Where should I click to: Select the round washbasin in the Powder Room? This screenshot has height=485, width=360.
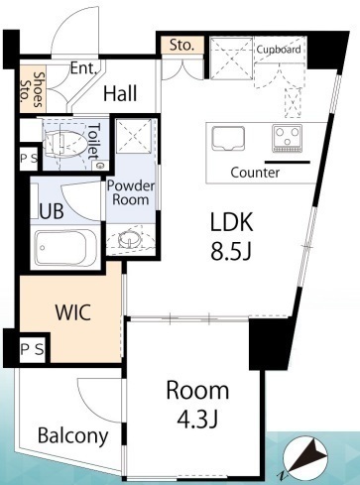(129, 239)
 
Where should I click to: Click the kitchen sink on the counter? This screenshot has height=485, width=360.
(228, 137)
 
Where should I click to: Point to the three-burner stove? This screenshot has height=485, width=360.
(288, 138)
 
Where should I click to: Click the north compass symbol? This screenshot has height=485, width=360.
(304, 458)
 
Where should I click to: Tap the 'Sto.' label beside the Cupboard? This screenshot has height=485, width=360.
(181, 45)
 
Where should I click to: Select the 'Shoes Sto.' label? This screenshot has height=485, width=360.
(33, 89)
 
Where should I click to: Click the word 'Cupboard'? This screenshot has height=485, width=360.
(279, 50)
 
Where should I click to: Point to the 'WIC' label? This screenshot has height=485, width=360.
(73, 311)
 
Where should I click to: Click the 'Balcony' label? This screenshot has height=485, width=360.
(73, 435)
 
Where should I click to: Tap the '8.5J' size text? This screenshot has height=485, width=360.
(231, 250)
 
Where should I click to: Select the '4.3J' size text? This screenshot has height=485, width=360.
(197, 419)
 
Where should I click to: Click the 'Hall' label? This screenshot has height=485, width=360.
(120, 93)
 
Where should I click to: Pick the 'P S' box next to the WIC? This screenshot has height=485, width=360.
(32, 349)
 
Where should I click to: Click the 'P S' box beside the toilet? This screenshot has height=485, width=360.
(29, 159)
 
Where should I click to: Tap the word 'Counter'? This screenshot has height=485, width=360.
(255, 173)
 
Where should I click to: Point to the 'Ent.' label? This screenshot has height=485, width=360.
(83, 68)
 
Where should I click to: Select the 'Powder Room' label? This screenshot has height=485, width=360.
(131, 192)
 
